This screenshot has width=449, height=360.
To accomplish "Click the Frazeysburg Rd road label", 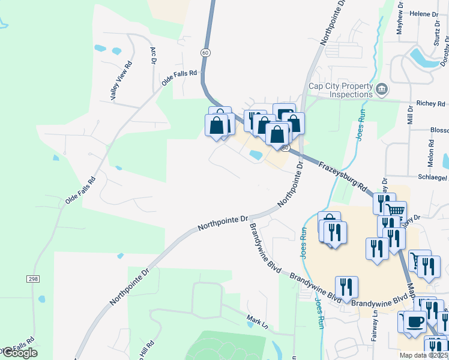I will coord(342,176).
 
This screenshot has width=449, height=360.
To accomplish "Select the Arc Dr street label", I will coord(153,55).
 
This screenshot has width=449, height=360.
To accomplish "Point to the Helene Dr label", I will coord(425,13).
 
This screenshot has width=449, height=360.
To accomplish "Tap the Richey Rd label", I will coord(432,104).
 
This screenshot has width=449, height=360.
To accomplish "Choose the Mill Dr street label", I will coord(411,114).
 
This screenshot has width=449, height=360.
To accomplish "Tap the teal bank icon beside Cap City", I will coord(382,90).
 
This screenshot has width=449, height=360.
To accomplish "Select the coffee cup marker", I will coord(414,322).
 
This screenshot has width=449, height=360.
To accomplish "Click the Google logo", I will coord(19,353).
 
